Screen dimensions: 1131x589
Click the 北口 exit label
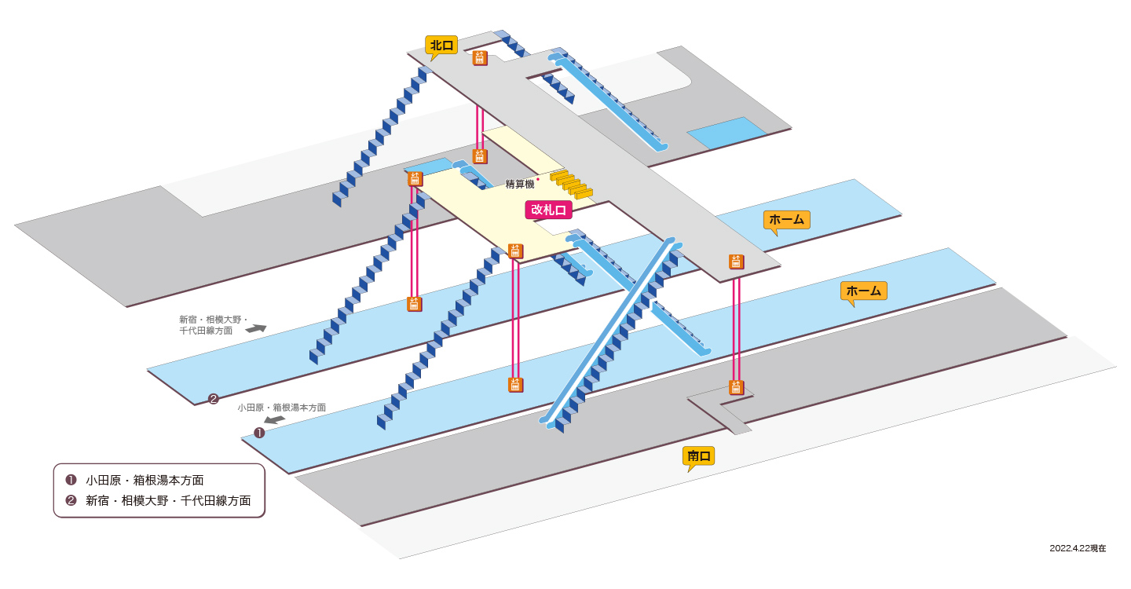441,46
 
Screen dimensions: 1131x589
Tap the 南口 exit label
698,456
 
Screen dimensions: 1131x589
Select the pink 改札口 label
548,210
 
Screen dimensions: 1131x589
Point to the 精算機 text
520,185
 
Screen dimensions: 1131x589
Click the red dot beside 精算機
538,179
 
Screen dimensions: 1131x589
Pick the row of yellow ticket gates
572,185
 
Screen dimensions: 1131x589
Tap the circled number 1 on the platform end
259,433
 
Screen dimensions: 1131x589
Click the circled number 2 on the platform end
214,399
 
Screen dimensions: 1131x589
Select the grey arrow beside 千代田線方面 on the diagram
255,328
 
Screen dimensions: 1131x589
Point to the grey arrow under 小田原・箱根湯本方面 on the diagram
275,419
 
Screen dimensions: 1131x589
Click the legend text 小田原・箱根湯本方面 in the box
145,480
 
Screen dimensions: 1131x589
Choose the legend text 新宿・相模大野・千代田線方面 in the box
168,501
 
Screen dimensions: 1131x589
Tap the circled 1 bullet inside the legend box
71,480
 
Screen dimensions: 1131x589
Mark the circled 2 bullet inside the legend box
71,500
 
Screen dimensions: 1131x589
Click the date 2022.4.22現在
1078,548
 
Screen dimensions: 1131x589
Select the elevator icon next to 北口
480,59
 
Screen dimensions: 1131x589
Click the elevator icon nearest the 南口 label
736,388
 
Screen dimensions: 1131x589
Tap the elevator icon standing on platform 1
515,385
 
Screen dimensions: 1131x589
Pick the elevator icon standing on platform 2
415,305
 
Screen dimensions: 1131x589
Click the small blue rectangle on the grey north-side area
727,133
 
